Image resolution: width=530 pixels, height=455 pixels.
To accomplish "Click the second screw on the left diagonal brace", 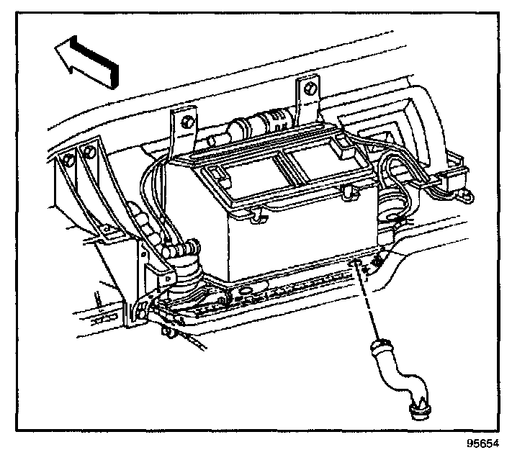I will point(89,152).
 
